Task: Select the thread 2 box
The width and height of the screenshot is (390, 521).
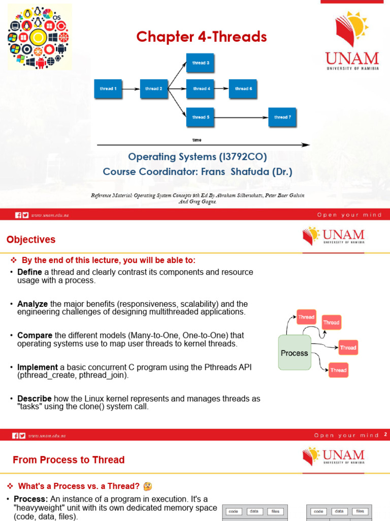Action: [x=153, y=89]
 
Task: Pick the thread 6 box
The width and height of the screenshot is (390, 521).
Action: [x=243, y=89]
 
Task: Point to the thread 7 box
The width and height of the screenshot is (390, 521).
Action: [x=282, y=117]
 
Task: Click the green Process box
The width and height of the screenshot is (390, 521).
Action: [x=295, y=353]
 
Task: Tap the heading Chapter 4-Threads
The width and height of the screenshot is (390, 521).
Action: [x=201, y=37]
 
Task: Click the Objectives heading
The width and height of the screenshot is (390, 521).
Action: [x=31, y=240]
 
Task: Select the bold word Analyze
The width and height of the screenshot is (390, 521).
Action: [x=32, y=304]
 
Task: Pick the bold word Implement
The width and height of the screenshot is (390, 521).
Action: [x=37, y=367]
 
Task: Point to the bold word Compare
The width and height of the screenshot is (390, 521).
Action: [x=35, y=335]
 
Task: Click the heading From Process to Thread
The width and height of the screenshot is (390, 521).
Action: [x=69, y=460]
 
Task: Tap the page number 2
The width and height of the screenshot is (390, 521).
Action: [x=385, y=435]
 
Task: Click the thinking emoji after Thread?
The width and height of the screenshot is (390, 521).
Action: [x=148, y=486]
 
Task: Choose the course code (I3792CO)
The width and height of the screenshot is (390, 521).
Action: [x=241, y=157]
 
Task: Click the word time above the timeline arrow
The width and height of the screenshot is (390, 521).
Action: [x=197, y=140]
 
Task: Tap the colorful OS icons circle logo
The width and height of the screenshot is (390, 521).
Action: [x=39, y=37]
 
